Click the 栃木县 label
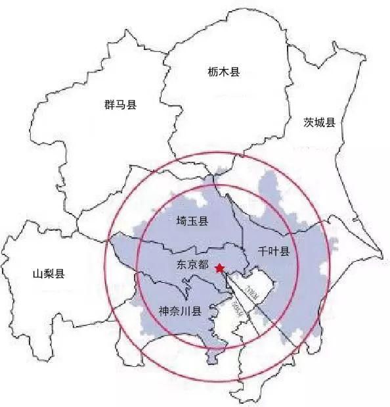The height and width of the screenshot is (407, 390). [x=223, y=72]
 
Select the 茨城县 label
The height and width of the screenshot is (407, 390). [x=319, y=122]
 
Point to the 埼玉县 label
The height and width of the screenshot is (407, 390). [x=192, y=222]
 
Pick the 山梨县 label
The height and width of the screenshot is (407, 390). [x=49, y=274]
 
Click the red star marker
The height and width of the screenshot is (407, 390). [x=219, y=267]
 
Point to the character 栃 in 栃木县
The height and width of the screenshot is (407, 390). [x=211, y=72]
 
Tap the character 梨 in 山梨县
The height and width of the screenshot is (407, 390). [x=49, y=274]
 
